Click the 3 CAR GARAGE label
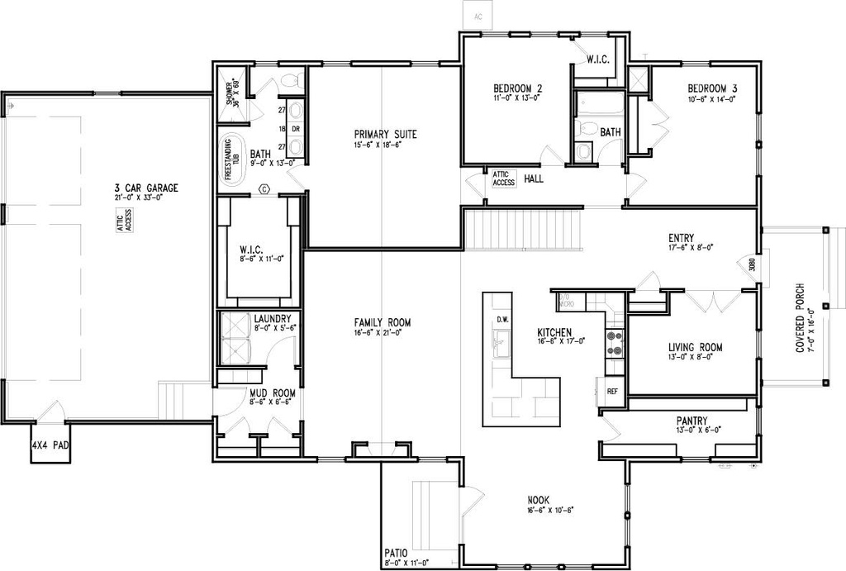(x=147, y=187)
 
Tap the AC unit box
(x=478, y=16)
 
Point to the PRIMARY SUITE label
(x=385, y=135)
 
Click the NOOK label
(x=539, y=500)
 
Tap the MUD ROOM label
(x=272, y=393)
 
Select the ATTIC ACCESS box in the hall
(x=504, y=178)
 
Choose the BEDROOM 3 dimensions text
(x=711, y=99)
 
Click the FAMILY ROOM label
(x=383, y=322)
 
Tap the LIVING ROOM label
(x=696, y=347)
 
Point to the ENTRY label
(x=682, y=238)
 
